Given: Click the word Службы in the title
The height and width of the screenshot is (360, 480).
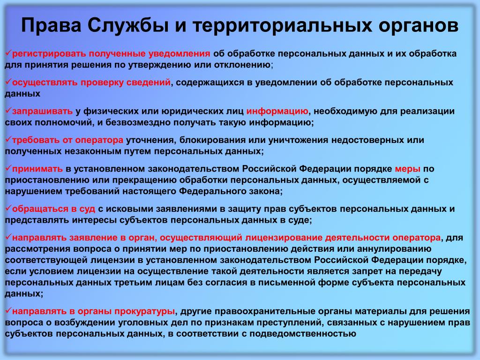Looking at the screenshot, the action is [x=128, y=25].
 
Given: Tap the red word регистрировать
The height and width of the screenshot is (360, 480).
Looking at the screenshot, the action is [x=49, y=54].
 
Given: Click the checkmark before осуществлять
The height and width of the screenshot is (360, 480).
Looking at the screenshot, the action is [x=8, y=82].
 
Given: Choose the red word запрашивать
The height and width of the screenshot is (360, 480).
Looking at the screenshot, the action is [x=42, y=112].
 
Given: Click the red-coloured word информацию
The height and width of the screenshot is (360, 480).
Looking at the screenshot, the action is [x=277, y=112].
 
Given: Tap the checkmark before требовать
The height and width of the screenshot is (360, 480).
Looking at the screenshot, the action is [x=8, y=139].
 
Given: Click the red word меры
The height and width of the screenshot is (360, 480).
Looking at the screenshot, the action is [x=407, y=169].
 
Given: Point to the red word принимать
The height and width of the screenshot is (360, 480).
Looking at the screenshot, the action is [x=37, y=169].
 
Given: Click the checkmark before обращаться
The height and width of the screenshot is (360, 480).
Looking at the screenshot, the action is [x=8, y=208].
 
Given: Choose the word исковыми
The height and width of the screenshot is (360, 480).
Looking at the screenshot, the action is [x=129, y=209].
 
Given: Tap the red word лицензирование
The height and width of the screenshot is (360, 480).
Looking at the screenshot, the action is [x=284, y=238].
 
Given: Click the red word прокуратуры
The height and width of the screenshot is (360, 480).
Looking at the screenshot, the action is [x=144, y=312].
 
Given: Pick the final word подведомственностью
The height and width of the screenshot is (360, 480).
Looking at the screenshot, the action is [x=303, y=334].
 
